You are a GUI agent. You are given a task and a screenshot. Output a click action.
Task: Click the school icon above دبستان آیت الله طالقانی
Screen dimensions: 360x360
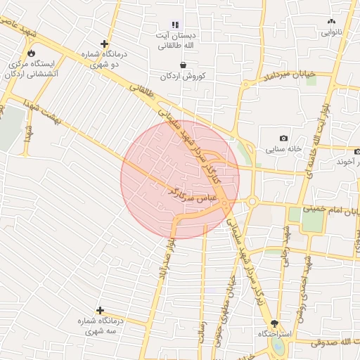coord(176,25)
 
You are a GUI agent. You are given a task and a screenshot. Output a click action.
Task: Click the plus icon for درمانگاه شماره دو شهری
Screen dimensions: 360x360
coord(105,44)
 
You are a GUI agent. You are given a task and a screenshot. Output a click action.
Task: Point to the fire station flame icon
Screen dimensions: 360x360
coord(31,53)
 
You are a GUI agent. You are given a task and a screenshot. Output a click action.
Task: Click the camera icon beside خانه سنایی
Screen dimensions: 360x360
coord(283,139)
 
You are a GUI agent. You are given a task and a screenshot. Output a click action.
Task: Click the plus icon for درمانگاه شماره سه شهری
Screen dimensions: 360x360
coord(101,310)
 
